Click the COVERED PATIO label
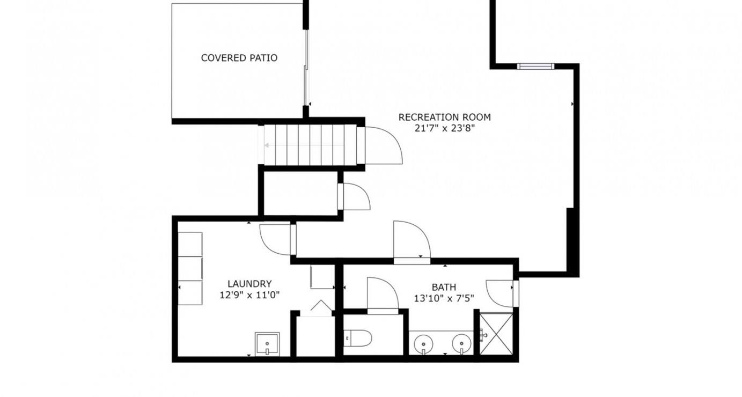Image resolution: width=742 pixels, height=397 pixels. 239,58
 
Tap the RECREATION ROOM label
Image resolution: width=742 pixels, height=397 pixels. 444,117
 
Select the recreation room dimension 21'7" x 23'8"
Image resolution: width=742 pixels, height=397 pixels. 444,129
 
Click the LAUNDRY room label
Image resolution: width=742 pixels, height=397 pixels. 249,284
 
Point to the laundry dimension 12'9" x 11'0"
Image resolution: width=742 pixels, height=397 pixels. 250,295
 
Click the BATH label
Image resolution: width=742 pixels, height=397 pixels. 444,287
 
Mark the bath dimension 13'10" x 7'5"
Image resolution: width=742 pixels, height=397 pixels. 444,298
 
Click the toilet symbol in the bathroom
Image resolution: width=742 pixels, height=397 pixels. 359,338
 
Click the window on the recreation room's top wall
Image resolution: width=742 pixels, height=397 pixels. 535,67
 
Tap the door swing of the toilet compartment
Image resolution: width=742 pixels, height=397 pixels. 382,294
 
